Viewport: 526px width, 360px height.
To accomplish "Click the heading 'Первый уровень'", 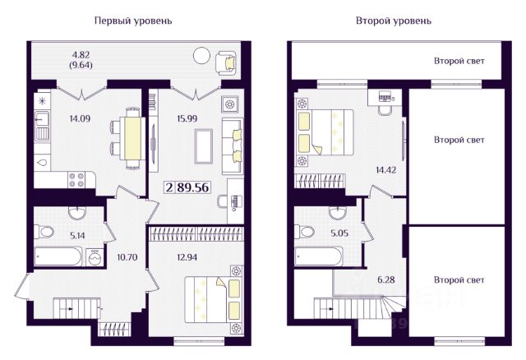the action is click(133, 21).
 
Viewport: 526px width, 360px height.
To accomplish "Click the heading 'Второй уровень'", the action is click(394, 21).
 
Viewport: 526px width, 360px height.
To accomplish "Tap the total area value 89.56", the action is click(193, 187).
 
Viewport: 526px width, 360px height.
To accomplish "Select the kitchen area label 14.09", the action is click(80, 118).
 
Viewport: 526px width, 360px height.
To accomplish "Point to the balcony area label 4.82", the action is click(81, 55).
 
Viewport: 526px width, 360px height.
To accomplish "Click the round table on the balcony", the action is click(201, 55).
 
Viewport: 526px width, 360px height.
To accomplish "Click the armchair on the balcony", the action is click(227, 62).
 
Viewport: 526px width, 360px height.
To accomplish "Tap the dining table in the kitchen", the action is click(133, 138).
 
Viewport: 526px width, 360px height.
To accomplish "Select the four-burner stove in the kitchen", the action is click(76, 179).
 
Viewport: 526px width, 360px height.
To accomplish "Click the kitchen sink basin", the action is click(42, 119).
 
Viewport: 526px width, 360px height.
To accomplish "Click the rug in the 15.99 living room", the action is click(204, 146).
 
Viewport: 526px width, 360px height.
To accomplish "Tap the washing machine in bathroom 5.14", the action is click(95, 257).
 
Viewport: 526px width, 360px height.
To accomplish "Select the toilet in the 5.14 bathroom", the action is click(44, 232).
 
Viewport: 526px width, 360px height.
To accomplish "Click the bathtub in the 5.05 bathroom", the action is click(318, 256).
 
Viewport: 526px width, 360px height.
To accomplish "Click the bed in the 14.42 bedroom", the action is click(324, 132).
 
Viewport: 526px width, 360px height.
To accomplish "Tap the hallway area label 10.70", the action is click(127, 257).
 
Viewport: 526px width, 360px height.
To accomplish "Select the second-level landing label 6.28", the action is click(386, 279).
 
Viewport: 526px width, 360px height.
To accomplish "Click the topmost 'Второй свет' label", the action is click(459, 61).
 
